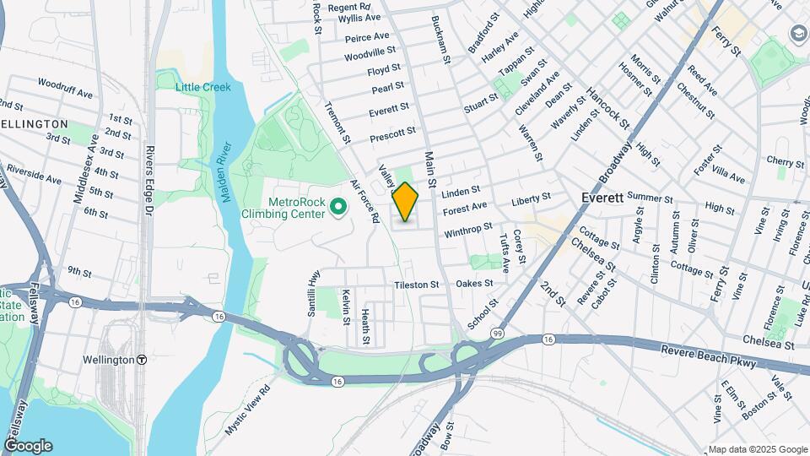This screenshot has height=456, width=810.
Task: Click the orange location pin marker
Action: pyautogui.click(x=406, y=201)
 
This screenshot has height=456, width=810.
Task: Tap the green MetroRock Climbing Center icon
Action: pyautogui.click(x=338, y=205)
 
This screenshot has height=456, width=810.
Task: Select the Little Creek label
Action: pyautogui.click(x=202, y=87)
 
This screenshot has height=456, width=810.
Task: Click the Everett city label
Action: pyautogui.click(x=602, y=198)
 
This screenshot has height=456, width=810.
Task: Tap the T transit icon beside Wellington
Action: pyautogui.click(x=142, y=359)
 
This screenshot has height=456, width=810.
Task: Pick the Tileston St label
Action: pyautogui.click(x=416, y=285)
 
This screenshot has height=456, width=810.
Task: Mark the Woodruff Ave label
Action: pyautogui.click(x=65, y=88)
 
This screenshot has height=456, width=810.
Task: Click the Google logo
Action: pyautogui.click(x=28, y=445)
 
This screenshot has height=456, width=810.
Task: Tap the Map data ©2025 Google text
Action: pyautogui.click(x=758, y=449)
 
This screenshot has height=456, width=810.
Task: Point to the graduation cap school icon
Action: pyautogui.click(x=798, y=33)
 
